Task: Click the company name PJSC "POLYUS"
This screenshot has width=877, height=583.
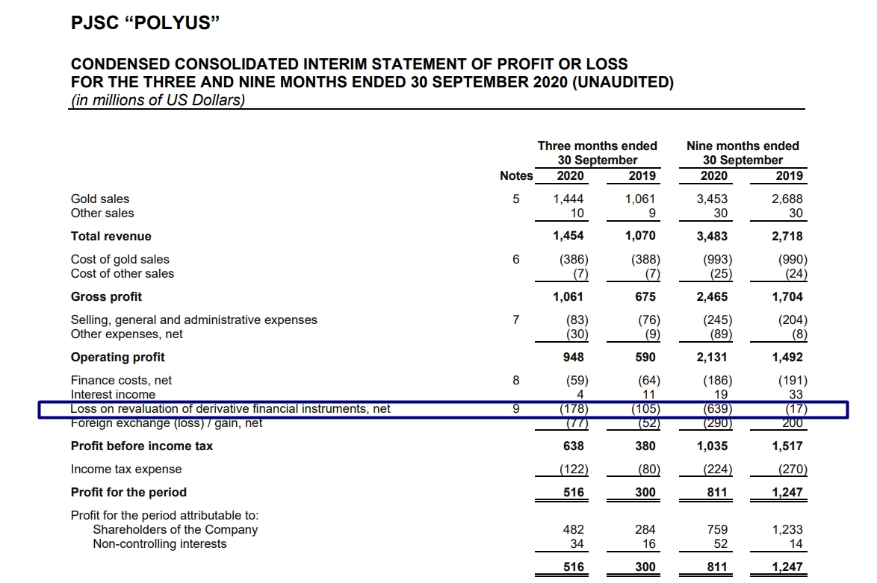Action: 145,23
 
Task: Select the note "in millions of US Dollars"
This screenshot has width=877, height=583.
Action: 158,100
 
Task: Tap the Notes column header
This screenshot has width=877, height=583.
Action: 516,176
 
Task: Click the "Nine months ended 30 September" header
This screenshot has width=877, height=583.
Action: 743,153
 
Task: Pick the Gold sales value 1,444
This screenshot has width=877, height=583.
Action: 568,199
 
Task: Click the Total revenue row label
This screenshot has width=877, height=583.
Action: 111,237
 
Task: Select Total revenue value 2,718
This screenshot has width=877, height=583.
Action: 788,237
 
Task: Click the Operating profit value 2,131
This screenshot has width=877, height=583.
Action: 712,358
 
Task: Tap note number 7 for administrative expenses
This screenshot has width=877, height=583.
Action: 515,320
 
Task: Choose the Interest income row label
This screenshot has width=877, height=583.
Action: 113,394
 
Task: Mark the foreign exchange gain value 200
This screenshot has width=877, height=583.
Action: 793,423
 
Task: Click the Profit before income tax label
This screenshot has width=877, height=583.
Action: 141,446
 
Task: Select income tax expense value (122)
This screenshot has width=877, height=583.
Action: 573,470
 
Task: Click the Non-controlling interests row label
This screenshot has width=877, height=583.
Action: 159,544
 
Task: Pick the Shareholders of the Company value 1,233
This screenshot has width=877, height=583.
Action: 789,530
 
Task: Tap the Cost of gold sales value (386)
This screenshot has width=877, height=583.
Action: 574,260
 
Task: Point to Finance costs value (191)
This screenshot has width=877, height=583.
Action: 792,381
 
